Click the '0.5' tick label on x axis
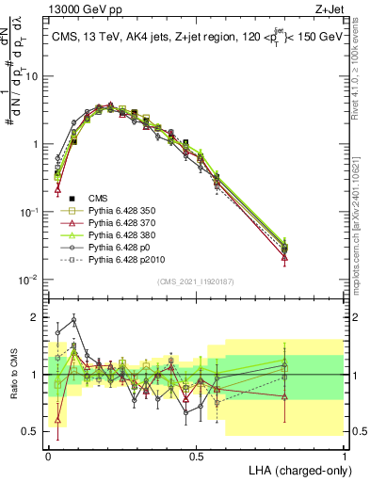196,455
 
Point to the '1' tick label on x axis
344,455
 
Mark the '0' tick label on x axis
48,455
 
